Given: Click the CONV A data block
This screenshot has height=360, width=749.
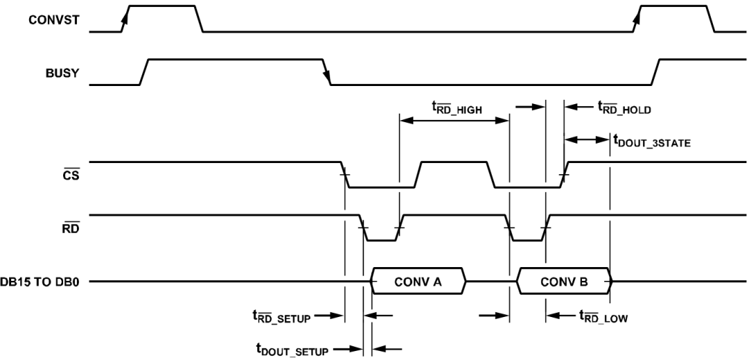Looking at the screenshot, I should (x=418, y=282).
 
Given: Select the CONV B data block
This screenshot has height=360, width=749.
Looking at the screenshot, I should (x=563, y=282).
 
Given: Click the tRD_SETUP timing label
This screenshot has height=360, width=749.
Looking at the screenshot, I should (x=282, y=316).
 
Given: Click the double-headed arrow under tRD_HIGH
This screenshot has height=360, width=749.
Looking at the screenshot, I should (x=454, y=120).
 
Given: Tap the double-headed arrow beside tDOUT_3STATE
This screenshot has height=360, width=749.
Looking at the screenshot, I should (x=587, y=139).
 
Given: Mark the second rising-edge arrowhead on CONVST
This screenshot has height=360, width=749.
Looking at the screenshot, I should (x=635, y=19).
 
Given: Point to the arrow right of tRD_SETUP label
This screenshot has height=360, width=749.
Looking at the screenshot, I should (x=335, y=316).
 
